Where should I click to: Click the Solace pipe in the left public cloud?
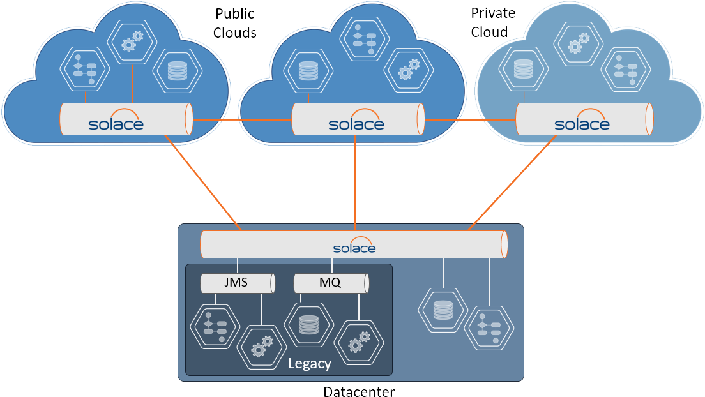126,119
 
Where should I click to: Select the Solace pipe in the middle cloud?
357,119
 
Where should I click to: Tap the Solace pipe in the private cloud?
583,119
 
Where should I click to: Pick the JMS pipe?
237,283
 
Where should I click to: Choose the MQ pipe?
331,283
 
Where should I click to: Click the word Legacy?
310,364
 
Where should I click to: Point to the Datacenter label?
360,391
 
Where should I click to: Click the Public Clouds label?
235,23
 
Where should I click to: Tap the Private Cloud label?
492,23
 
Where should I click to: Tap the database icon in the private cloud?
524,68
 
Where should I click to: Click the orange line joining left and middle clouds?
243,119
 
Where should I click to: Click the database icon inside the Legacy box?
309,325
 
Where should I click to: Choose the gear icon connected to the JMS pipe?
261,348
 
